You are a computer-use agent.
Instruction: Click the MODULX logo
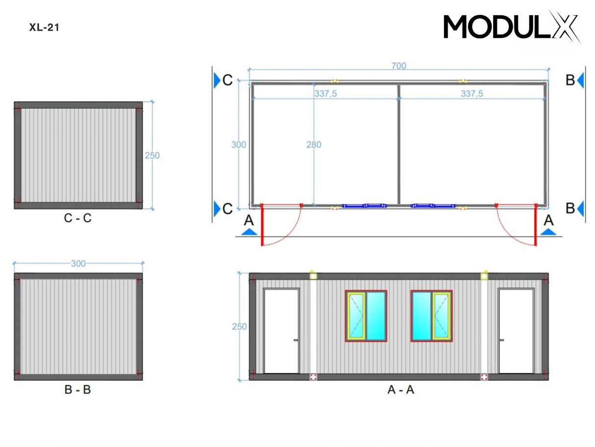click(512, 26)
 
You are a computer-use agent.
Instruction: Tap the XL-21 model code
click(44, 28)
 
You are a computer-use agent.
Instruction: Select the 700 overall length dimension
click(398, 66)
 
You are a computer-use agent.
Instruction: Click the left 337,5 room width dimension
click(325, 94)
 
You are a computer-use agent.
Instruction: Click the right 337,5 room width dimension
click(471, 94)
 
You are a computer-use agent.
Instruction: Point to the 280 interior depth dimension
click(314, 145)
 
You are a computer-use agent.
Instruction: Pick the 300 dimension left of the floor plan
click(239, 145)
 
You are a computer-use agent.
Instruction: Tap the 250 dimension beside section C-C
click(152, 156)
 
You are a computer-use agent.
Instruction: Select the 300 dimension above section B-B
click(78, 264)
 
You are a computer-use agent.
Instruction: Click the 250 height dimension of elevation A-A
click(239, 327)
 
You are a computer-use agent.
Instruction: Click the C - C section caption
click(77, 219)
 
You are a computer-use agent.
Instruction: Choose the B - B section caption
click(77, 390)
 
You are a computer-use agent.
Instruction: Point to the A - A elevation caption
click(400, 390)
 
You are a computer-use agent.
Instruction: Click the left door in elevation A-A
click(281, 331)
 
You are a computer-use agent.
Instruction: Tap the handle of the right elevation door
click(502, 340)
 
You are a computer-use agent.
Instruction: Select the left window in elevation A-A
click(366, 316)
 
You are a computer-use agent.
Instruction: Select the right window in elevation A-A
click(431, 316)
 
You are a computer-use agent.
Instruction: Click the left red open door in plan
click(263, 225)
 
